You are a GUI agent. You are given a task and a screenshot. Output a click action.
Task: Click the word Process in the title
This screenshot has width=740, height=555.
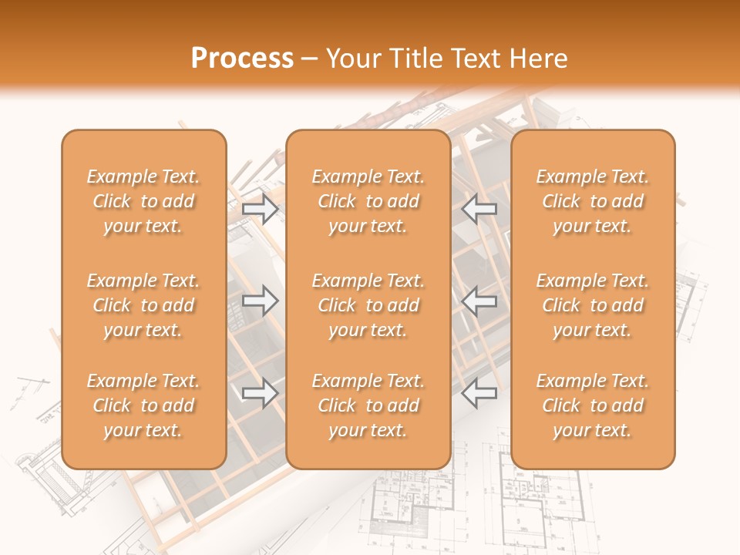[242, 59]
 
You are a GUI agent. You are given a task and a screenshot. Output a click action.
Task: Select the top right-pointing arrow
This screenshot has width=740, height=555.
[261, 209]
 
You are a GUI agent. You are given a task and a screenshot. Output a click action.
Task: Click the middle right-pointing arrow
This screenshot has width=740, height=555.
[261, 301]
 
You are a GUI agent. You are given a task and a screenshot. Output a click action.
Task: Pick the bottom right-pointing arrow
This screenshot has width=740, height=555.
[261, 393]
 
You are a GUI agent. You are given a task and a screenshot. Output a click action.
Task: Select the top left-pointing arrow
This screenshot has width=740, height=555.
[479, 209]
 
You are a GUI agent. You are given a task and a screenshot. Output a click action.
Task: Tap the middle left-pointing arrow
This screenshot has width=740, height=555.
[479, 301]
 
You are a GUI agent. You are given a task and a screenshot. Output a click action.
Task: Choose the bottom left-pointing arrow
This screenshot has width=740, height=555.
[479, 393]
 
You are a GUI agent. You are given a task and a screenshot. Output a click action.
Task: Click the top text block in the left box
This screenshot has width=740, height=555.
[143, 201]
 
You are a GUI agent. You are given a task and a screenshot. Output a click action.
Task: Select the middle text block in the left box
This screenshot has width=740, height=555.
[143, 305]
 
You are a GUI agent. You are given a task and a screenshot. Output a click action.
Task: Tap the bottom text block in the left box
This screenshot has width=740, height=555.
[143, 405]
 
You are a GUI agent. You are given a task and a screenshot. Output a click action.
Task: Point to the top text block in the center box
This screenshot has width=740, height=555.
[368, 201]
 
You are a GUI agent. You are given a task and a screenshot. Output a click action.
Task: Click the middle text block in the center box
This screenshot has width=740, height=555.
[368, 305]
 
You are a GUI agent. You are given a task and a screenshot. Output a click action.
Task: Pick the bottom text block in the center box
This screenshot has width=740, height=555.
[368, 405]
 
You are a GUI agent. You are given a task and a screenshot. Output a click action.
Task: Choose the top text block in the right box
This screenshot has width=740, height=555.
[593, 201]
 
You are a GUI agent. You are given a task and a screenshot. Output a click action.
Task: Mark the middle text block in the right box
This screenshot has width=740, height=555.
[593, 305]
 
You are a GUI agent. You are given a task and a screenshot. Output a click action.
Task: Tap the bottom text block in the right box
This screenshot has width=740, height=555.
[593, 405]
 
